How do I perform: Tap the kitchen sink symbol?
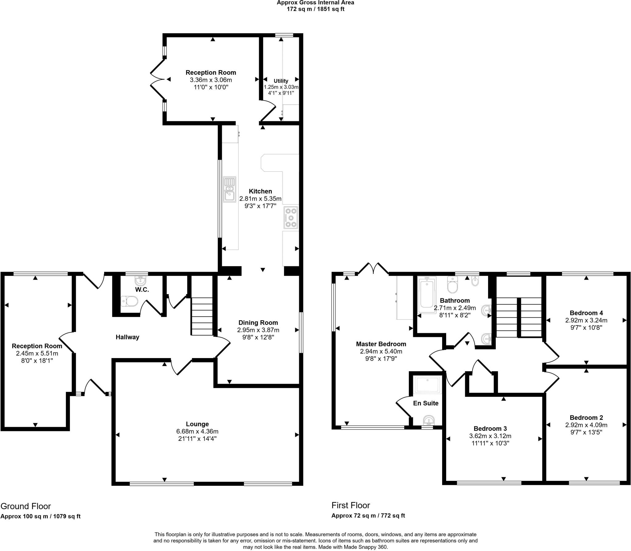tap(230, 190)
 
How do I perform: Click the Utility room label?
tap(281, 81)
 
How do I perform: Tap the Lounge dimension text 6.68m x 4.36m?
tap(197, 431)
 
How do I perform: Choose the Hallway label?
tap(127, 337)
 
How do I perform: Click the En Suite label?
tap(425, 403)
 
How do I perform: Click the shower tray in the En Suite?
tap(428, 385)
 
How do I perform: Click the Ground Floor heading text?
tap(26, 506)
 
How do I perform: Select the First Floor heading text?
tap(351, 505)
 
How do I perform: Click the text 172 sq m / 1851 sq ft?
tap(315, 9)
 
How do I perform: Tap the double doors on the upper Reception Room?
tap(157, 79)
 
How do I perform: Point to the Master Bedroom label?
tap(381, 344)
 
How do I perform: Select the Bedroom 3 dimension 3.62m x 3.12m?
tap(490, 436)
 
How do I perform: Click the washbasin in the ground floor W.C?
tap(140, 280)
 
